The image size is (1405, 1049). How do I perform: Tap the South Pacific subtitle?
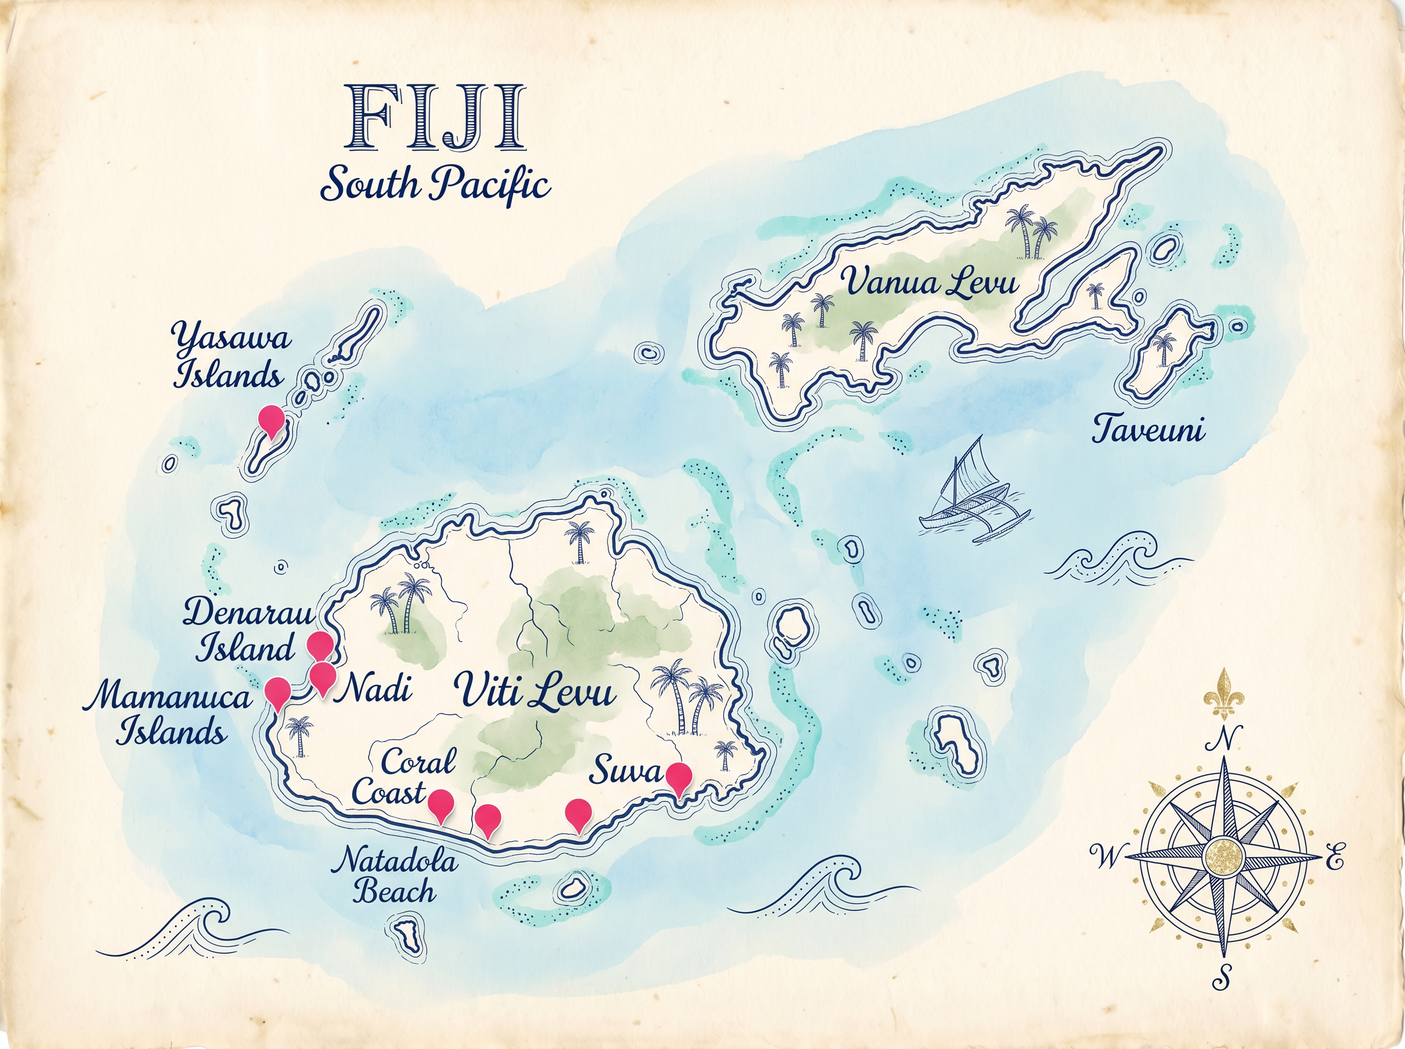pyautogui.click(x=435, y=185)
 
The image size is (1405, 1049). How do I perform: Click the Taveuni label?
pyautogui.click(x=1148, y=430)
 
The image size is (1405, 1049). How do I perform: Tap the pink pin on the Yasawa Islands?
pyautogui.click(x=272, y=420)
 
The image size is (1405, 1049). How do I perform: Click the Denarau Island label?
pyautogui.click(x=248, y=630)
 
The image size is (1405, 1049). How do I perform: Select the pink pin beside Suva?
pyautogui.click(x=678, y=777)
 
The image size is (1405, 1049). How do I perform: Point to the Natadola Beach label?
pyautogui.click(x=396, y=876)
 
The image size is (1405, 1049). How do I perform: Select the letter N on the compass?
pyautogui.click(x=1227, y=739)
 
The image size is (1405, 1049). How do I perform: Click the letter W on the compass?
pyautogui.click(x=1106, y=858)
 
